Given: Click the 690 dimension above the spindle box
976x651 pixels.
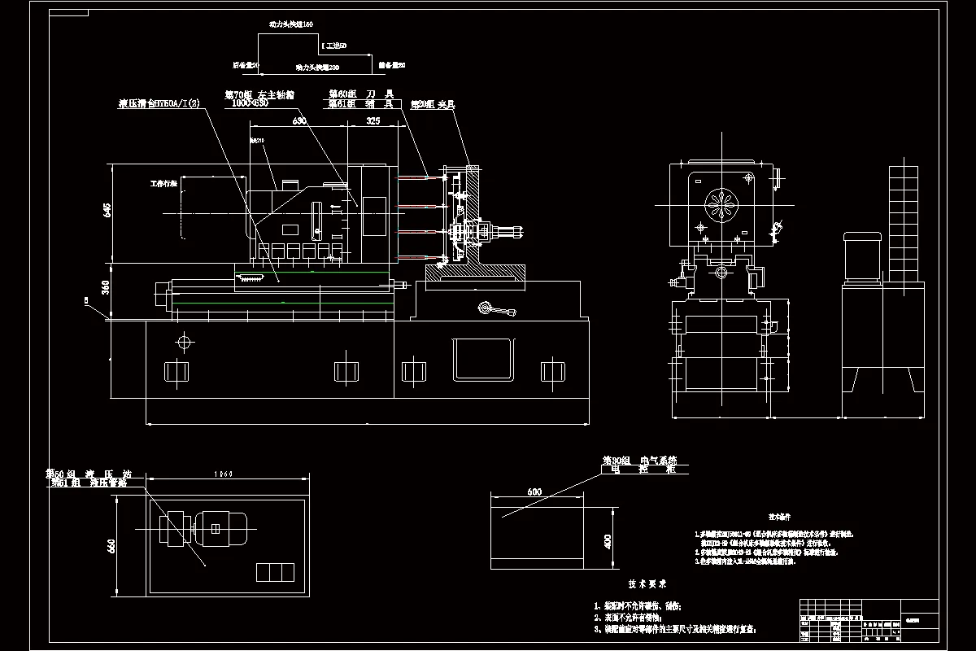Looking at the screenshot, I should (298, 121).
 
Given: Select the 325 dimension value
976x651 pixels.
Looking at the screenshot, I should (373, 121).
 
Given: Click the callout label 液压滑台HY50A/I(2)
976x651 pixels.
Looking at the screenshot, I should (159, 103).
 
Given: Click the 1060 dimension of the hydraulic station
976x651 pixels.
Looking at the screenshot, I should (224, 474).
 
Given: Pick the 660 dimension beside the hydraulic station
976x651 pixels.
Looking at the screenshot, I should (112, 545).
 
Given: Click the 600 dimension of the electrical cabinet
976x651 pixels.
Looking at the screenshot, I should (534, 492).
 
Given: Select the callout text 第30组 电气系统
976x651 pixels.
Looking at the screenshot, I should (639, 461).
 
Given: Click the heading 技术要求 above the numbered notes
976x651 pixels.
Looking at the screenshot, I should (647, 583).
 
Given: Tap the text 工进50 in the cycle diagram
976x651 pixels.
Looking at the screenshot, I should (335, 46).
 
